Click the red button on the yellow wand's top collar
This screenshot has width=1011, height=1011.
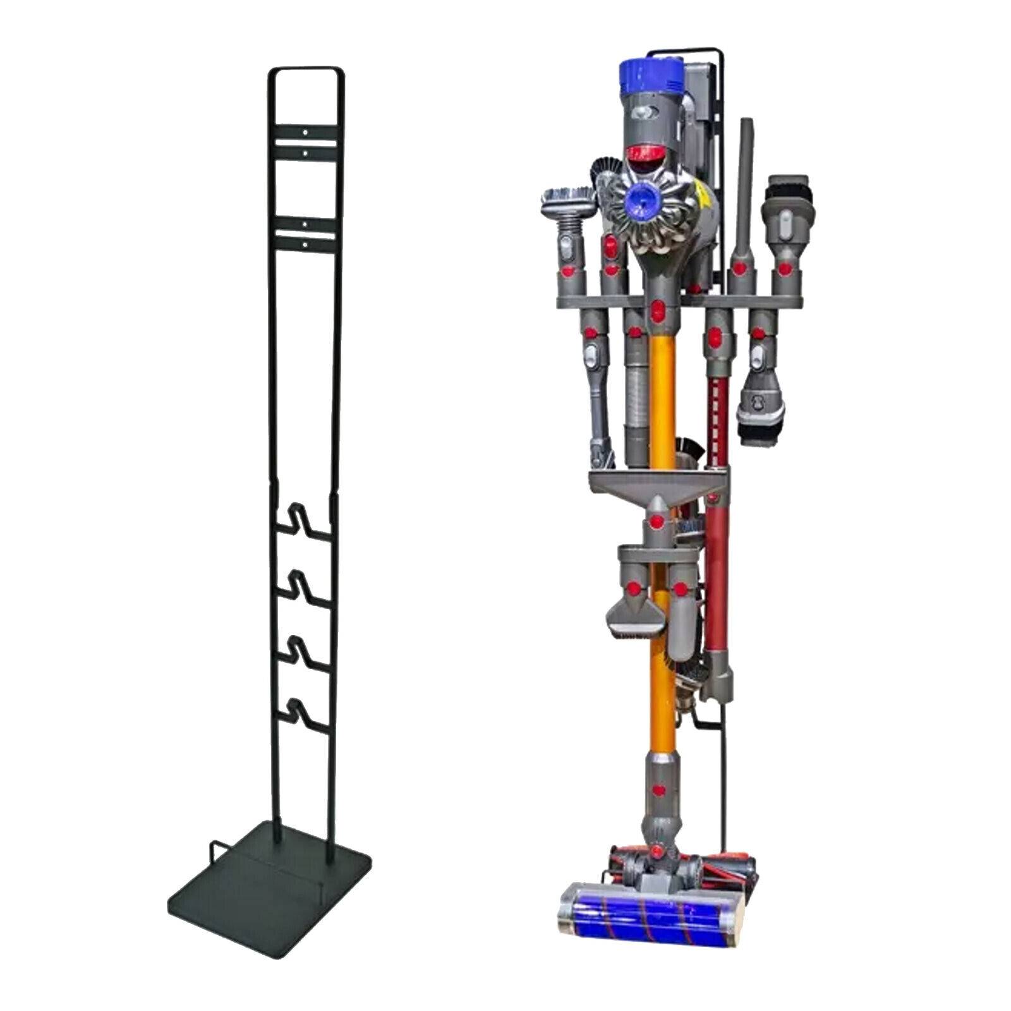[x=657, y=310]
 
